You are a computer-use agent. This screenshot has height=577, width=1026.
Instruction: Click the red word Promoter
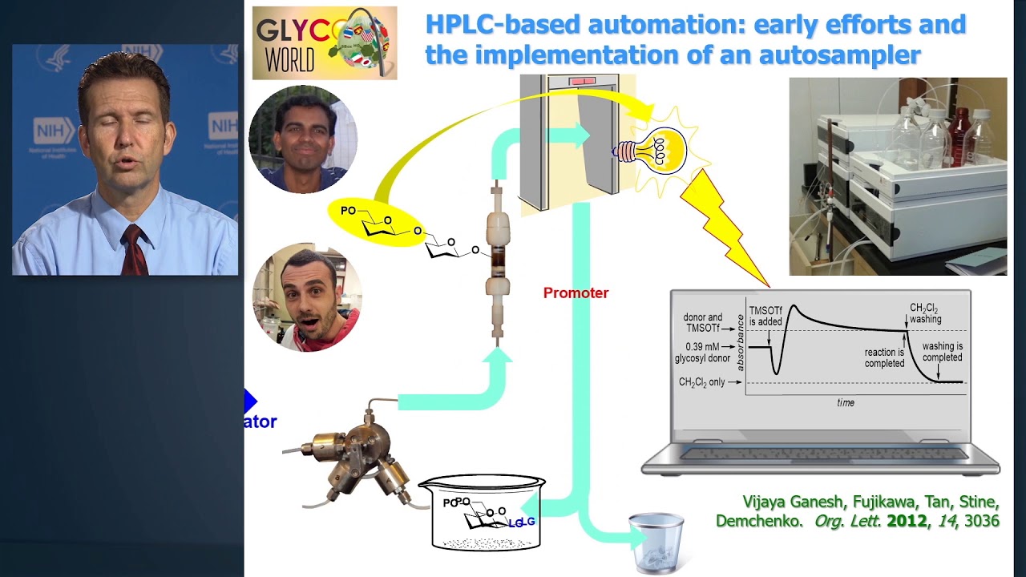click(576, 293)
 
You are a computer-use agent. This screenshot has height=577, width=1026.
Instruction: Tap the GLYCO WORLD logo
click(325, 43)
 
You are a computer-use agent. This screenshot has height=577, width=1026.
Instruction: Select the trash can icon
click(656, 543)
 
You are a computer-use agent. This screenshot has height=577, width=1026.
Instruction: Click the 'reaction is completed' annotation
click(884, 358)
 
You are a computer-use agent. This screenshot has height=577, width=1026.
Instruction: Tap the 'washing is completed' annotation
click(942, 352)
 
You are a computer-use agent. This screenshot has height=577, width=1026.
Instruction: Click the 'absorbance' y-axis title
click(740, 347)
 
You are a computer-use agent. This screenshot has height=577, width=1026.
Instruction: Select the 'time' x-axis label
click(846, 403)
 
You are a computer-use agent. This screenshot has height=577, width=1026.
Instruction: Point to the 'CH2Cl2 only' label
click(701, 382)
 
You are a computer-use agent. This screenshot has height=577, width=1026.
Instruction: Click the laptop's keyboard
click(822, 454)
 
